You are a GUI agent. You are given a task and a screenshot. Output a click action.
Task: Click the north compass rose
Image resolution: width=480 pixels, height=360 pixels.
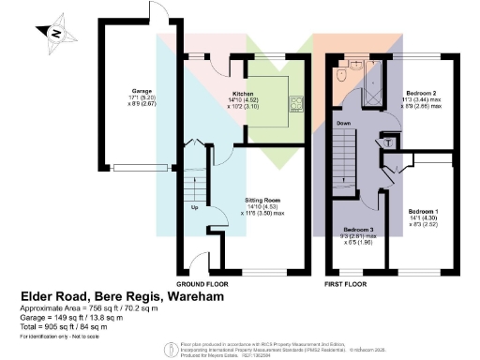click(x=58, y=31)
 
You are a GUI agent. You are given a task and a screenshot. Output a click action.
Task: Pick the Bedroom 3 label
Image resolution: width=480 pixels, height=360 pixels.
click(x=358, y=234)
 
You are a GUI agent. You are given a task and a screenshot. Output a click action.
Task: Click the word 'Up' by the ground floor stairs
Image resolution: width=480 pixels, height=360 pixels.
click(x=194, y=207)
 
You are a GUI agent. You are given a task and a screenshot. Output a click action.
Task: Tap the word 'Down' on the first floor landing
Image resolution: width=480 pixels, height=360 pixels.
click(x=345, y=123)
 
